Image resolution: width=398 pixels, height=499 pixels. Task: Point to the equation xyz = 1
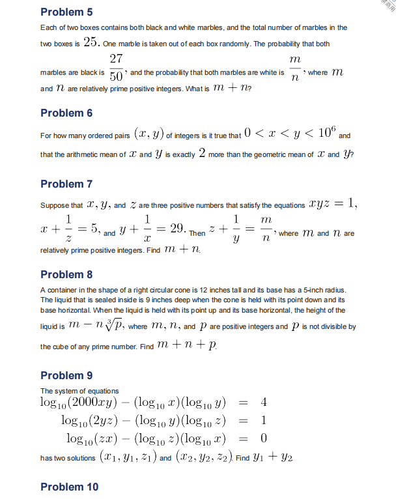333,205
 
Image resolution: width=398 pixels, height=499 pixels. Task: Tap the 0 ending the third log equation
263,436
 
